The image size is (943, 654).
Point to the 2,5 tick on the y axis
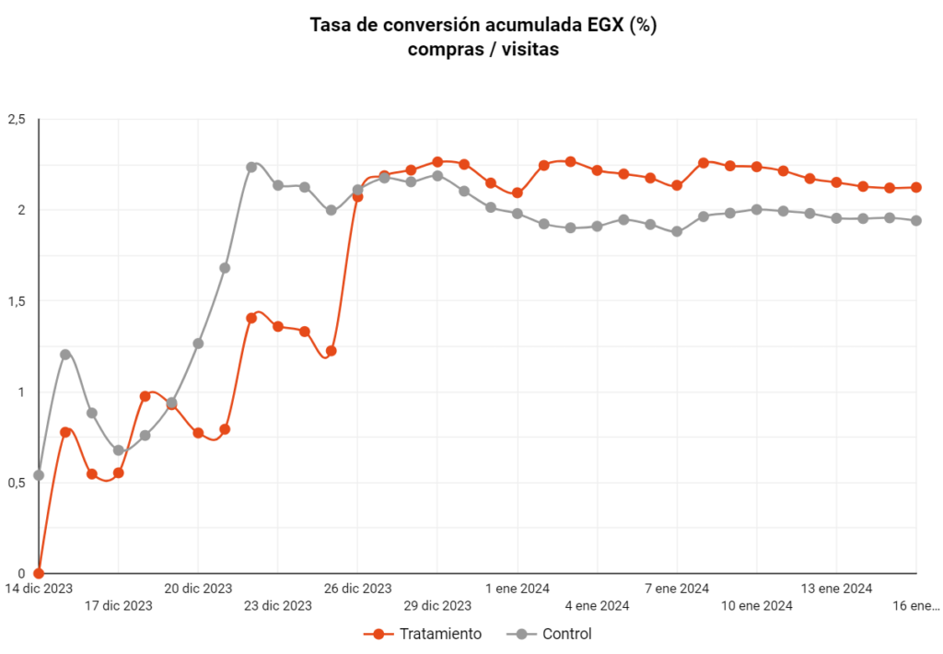tap(17, 119)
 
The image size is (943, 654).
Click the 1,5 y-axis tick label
tap(17, 301)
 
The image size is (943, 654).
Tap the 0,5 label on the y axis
tap(17, 483)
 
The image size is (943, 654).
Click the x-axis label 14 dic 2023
tap(39, 588)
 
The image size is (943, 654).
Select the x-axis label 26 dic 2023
tap(357, 588)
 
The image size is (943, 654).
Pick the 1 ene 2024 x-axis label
tap(518, 588)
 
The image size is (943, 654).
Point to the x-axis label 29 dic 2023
tap(437, 605)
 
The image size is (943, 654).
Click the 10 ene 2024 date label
tap(757, 605)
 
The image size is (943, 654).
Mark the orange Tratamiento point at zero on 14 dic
tap(39, 573)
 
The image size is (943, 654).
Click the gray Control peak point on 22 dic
tap(251, 167)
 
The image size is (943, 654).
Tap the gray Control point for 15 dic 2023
tap(65, 355)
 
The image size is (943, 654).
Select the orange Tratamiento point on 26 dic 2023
tap(357, 196)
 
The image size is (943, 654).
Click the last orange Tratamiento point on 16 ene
tap(916, 187)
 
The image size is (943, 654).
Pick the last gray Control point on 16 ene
tap(916, 220)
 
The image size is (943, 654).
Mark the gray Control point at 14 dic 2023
tap(39, 475)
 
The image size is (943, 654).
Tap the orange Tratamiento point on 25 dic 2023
tap(332, 351)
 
